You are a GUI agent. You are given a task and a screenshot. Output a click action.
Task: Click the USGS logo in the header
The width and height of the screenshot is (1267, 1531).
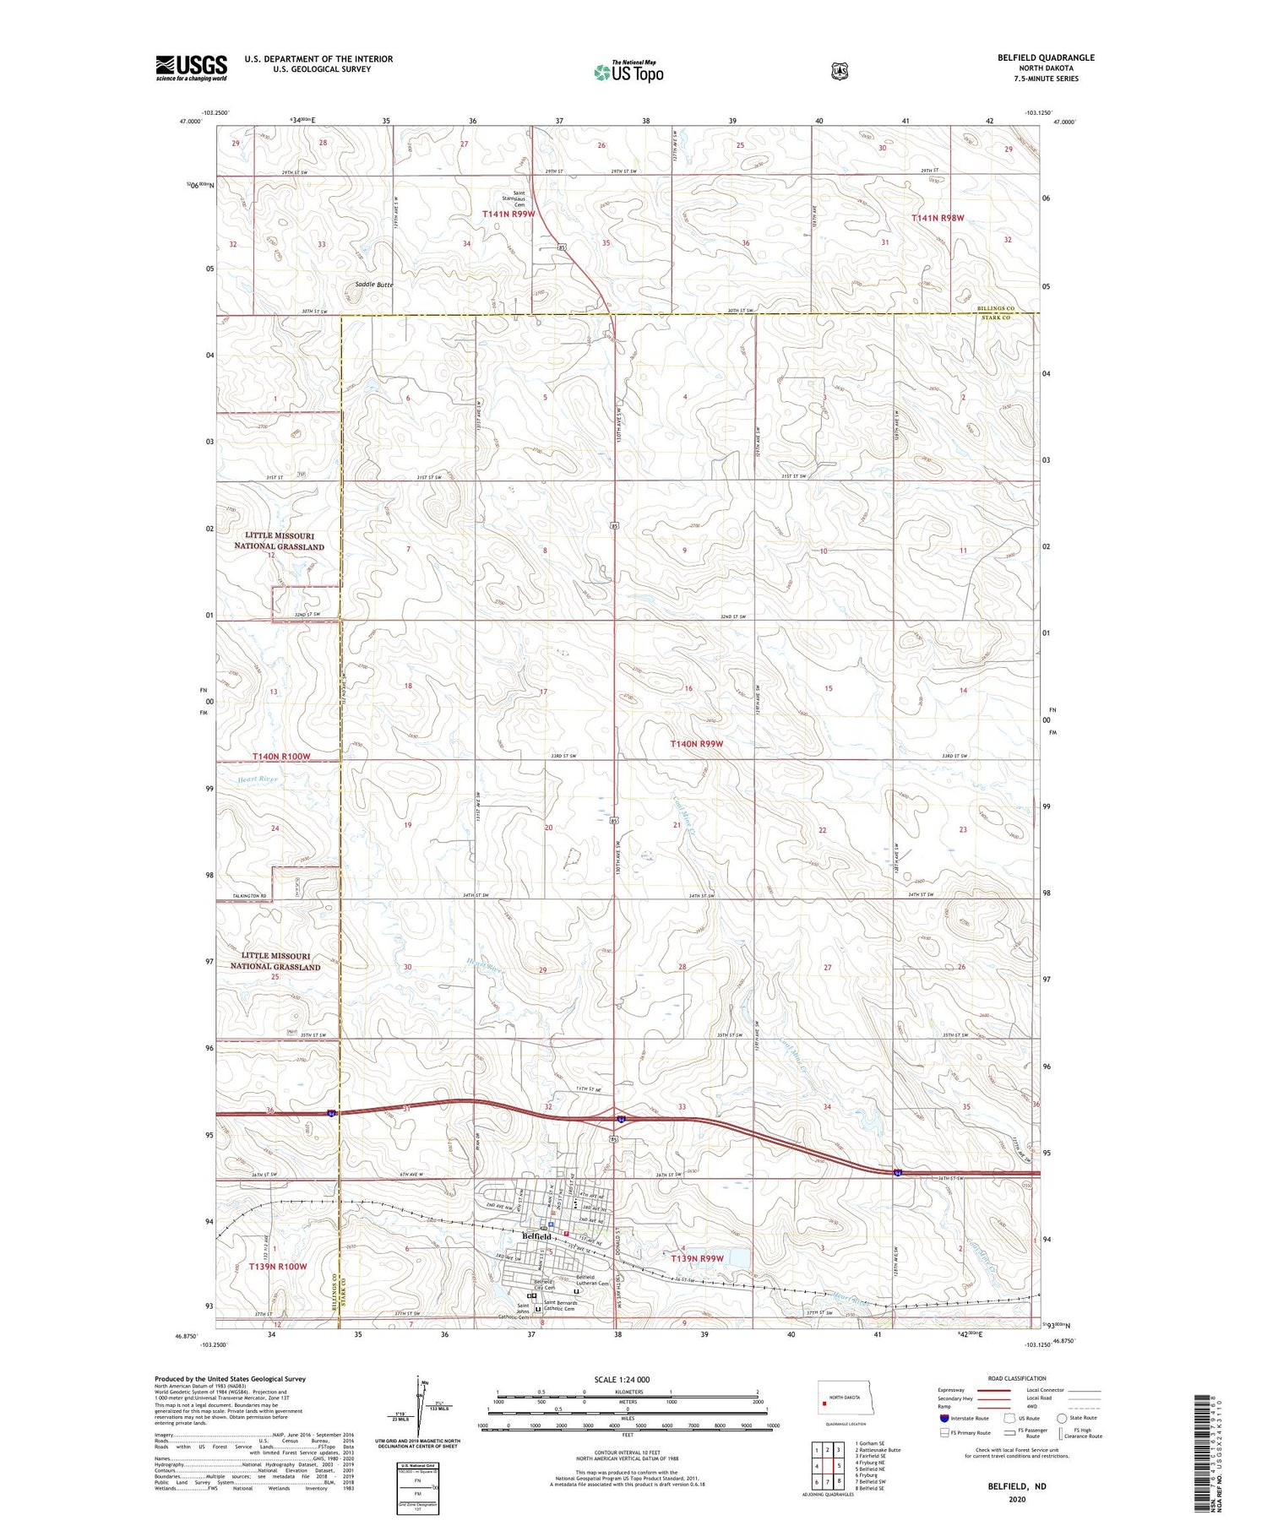coord(191,68)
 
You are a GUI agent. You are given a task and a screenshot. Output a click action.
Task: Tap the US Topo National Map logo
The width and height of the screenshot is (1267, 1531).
coord(628,72)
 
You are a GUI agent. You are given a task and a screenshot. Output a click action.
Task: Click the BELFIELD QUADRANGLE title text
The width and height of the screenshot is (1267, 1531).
coord(1045,57)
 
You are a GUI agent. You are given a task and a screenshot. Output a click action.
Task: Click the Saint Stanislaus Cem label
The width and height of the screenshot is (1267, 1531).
coord(514,198)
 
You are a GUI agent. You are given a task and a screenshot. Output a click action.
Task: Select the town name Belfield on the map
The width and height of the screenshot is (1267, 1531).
coord(537,1236)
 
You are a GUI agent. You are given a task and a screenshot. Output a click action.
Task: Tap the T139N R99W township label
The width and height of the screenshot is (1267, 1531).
coord(698,1259)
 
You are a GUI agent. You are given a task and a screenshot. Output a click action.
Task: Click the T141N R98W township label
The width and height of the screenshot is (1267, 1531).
coord(938,218)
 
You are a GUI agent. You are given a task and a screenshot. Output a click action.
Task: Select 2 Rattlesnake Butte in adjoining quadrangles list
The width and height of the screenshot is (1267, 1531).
coord(878,1449)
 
